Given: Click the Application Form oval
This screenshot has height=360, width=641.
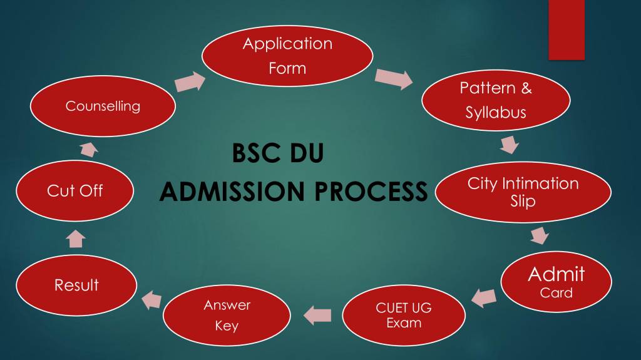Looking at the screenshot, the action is [x=287, y=56].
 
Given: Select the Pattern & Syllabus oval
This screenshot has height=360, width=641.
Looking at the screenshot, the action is [x=496, y=100].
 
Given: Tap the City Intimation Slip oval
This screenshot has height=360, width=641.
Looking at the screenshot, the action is [x=523, y=192].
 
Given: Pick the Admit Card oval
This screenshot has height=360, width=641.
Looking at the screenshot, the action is [x=556, y=282].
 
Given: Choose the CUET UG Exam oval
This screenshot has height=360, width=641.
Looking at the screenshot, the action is [x=404, y=316].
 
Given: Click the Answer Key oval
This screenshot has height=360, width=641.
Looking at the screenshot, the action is [x=227, y=316].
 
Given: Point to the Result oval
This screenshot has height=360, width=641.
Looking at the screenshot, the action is [x=76, y=285].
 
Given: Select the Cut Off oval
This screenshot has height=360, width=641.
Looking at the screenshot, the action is [x=75, y=190].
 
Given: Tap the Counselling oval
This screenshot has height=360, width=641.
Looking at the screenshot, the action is [x=103, y=106].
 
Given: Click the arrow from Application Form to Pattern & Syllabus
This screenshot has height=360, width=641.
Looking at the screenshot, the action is [x=394, y=78].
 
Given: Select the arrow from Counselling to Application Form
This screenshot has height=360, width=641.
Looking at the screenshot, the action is [x=190, y=81].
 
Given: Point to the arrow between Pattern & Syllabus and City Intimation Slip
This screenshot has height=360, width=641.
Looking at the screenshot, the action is [x=510, y=145].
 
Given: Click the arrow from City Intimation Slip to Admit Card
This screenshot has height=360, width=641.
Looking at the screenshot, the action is [x=540, y=235].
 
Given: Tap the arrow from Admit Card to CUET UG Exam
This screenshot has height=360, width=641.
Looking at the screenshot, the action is [x=484, y=298].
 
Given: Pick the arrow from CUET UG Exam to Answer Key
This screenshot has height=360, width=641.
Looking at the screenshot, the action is [x=317, y=315].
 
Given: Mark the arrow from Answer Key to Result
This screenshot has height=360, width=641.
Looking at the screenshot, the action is [x=151, y=300].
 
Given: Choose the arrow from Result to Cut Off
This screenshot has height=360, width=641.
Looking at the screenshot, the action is [x=76, y=239].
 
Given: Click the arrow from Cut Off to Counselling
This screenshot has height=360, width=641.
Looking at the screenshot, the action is [x=89, y=149].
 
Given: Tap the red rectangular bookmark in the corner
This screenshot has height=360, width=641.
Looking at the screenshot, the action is [x=566, y=30].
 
